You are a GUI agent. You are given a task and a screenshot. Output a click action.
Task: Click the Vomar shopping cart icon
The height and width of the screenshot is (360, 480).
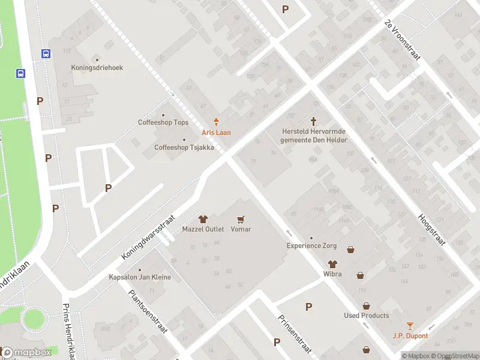click(x=241, y=220)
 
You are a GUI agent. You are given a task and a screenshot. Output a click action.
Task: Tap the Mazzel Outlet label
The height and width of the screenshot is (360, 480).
click(x=203, y=229)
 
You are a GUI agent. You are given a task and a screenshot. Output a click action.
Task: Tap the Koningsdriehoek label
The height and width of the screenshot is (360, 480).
click(x=97, y=68)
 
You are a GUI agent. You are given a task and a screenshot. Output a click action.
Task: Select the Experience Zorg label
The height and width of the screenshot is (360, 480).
click(x=311, y=245)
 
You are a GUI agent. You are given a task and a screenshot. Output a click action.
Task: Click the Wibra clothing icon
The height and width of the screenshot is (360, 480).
click(x=332, y=264)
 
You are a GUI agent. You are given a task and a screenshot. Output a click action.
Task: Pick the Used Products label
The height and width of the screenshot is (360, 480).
click(x=366, y=316)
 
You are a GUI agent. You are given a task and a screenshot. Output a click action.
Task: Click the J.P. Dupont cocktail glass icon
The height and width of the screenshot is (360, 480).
click(x=410, y=326)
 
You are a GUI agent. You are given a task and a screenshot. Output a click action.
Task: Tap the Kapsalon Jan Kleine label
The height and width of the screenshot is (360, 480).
click(x=140, y=277)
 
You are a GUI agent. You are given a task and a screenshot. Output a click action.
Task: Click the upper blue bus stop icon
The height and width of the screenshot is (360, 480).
click(x=46, y=54)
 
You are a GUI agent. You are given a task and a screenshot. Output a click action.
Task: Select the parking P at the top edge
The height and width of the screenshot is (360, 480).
click(x=285, y=9)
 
